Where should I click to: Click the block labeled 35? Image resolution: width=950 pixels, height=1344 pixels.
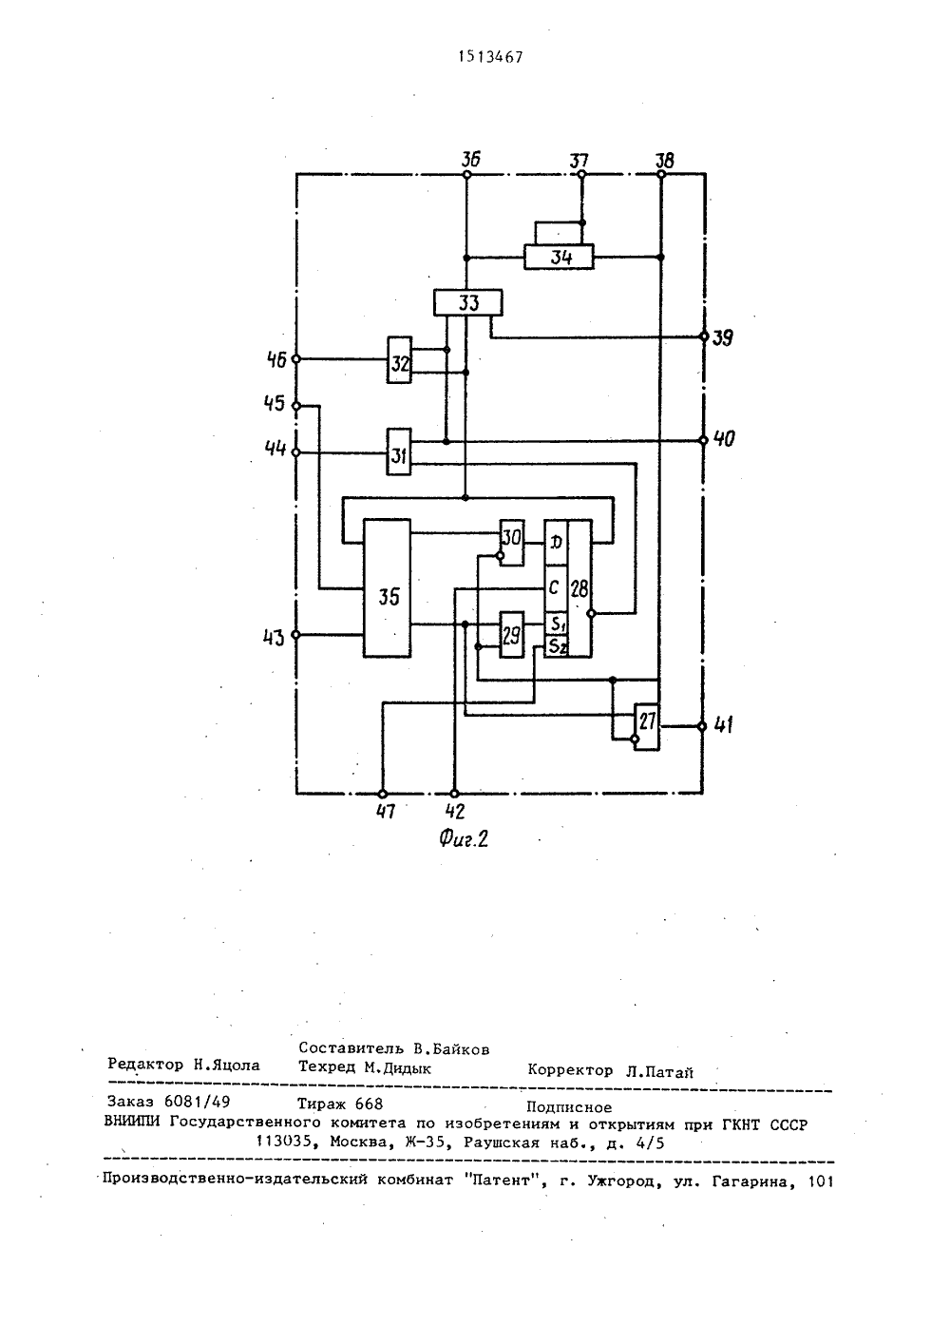388,588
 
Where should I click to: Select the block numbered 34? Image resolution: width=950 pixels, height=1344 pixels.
559,257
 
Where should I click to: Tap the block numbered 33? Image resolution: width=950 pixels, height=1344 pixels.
468,302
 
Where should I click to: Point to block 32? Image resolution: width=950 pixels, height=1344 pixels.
399,360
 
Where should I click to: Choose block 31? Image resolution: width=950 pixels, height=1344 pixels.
399,451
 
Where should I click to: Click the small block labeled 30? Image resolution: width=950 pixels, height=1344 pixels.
512,543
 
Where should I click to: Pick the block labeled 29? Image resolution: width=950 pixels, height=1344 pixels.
512,635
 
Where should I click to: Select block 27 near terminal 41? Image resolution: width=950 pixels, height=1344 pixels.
647,726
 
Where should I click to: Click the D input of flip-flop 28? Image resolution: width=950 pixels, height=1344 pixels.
556,543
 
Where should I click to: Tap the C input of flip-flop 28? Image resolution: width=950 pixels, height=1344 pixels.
556,588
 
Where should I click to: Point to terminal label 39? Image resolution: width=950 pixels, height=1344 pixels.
723,338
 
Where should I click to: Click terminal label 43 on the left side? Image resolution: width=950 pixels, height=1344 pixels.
274,637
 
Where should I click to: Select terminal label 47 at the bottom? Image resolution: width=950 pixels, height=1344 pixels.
385,812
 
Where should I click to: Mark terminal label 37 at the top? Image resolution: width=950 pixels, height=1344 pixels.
579,161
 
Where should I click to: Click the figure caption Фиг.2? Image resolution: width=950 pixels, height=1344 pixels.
463,838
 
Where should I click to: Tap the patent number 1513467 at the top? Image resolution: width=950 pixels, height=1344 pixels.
490,57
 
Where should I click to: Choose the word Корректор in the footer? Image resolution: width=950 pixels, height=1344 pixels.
570,1070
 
